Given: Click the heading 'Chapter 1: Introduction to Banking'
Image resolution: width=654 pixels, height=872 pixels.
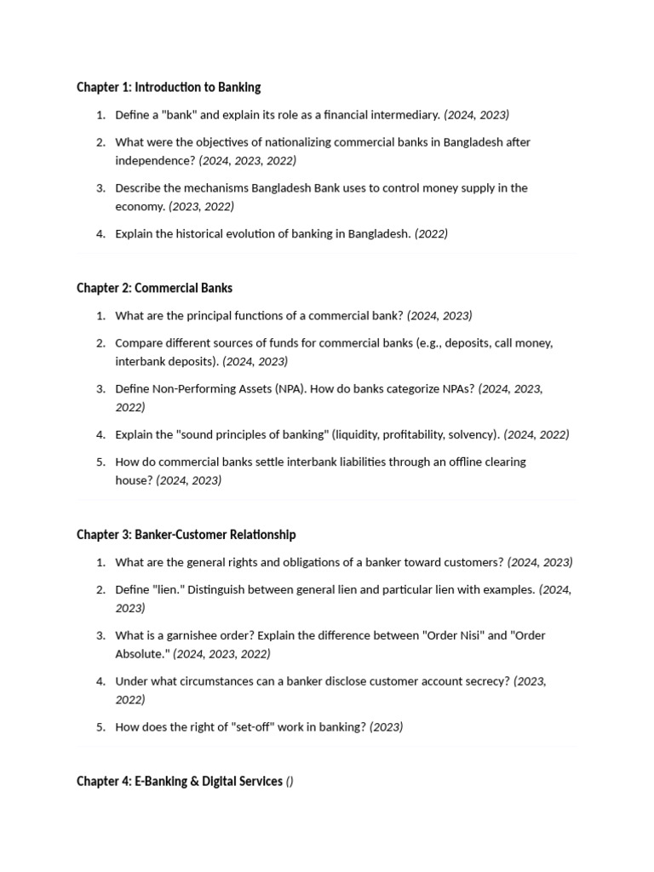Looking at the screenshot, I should tap(169, 87).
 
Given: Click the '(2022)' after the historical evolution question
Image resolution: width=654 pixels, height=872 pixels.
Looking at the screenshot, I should tap(431, 234).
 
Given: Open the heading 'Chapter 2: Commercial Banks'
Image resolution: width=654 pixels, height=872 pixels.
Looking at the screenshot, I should tap(154, 288).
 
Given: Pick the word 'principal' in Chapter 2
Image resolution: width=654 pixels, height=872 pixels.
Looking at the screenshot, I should tap(203, 316).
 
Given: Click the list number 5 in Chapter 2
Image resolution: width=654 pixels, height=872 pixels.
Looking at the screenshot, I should tap(100, 462).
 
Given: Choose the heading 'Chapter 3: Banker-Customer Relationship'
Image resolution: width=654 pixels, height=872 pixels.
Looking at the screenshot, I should tap(186, 535).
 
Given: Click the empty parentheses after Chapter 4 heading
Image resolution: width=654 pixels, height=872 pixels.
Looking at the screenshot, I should tap(290, 782).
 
